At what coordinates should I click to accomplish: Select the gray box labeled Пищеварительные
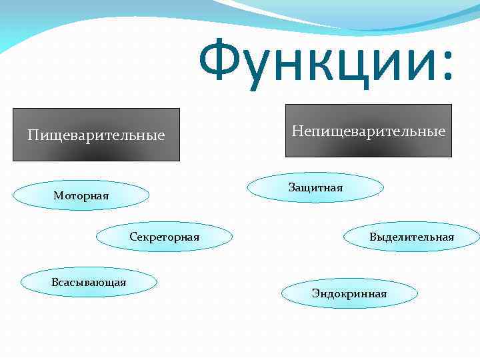point(96,135)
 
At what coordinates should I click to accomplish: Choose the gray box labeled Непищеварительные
point(368,131)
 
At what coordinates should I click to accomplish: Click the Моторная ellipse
point(81,195)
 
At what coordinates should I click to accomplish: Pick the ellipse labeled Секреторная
point(164,237)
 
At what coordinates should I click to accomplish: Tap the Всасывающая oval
point(89,282)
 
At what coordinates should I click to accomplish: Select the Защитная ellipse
point(315,187)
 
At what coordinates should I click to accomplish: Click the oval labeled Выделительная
point(411,237)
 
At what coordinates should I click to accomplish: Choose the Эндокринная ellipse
point(349,293)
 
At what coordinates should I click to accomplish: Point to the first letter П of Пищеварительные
point(33,135)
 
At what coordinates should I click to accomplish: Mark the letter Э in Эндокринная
point(315,293)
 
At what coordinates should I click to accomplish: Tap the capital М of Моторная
point(59,195)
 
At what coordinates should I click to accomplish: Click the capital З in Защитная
point(291,187)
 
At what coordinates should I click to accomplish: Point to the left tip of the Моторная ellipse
point(14,195)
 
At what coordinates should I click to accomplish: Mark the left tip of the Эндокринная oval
point(282,293)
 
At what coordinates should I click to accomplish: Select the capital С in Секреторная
point(133,237)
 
